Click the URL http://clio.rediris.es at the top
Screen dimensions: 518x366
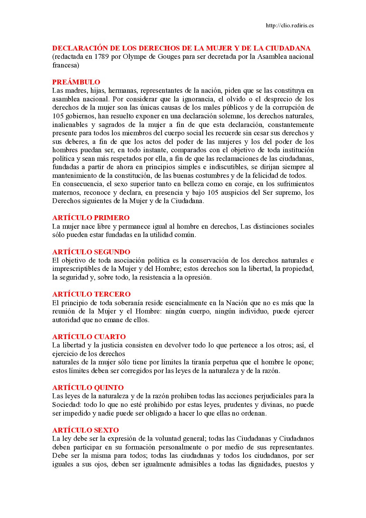(290, 25)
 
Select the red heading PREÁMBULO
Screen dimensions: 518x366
(76, 82)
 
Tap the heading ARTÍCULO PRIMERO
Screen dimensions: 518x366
(91, 218)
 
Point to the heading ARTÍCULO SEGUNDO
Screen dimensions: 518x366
(91, 252)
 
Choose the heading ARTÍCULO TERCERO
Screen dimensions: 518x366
(91, 294)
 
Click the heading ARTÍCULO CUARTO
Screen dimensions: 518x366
(89, 337)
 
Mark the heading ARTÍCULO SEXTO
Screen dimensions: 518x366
(85, 430)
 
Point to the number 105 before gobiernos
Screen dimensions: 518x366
(57, 116)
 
